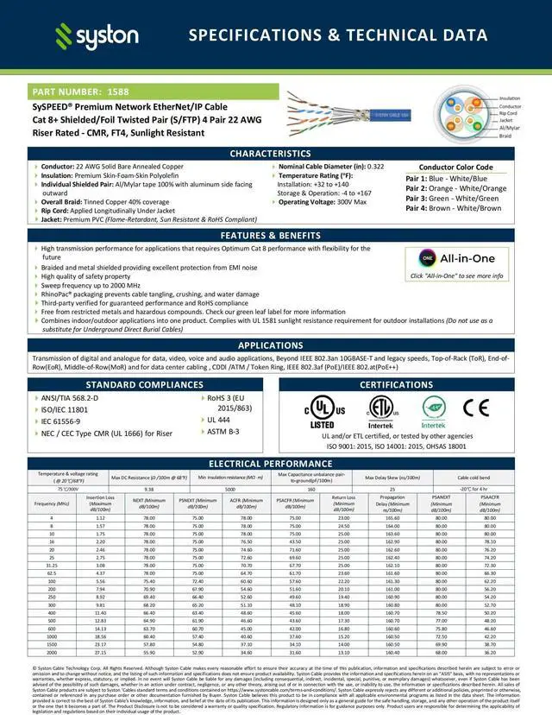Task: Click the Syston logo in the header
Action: (97, 35)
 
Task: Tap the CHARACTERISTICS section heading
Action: (276, 153)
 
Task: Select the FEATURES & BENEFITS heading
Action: (276, 235)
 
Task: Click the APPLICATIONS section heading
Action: (276, 345)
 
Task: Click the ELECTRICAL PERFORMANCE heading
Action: (276, 464)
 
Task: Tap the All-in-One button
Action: (456, 258)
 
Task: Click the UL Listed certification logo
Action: (323, 412)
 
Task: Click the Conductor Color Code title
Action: (455, 168)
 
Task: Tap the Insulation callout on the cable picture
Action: (510, 98)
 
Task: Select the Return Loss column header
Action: (343, 502)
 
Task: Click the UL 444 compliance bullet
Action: (218, 419)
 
